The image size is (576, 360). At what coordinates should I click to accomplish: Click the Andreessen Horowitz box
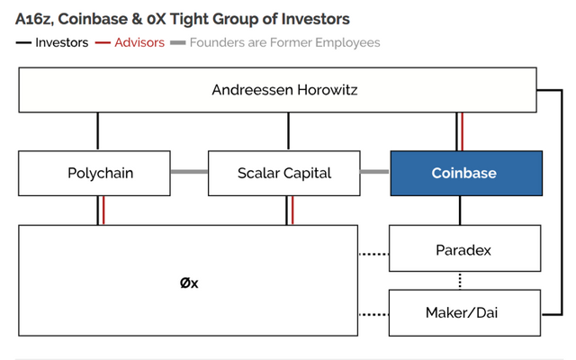coord(278,90)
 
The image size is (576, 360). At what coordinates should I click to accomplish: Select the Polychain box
coord(94,173)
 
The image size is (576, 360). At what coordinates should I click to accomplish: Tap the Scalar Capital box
coord(284,173)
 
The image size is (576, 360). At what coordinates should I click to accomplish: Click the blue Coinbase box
coord(466,173)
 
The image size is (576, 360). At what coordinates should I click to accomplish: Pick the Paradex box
coord(464,248)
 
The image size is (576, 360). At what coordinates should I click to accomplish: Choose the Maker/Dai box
coord(464,312)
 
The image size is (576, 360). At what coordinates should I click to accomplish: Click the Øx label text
coord(189,283)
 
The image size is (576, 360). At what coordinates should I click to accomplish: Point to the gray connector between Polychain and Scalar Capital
coord(189,172)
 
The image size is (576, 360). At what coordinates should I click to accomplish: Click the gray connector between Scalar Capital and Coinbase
coord(375,172)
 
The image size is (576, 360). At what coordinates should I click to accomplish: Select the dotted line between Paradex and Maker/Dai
coord(460,281)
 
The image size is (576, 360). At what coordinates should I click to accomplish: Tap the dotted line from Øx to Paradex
coord(373,254)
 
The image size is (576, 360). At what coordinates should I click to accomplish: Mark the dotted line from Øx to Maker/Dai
coord(373,314)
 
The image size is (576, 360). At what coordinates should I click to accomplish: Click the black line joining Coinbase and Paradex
coord(460,211)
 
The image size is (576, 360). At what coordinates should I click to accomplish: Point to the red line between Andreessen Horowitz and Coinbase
coord(462,131)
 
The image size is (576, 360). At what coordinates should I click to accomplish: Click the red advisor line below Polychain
coord(103,211)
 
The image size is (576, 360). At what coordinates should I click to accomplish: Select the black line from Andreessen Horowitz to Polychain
coord(98,131)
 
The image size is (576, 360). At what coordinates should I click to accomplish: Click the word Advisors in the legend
coord(139,42)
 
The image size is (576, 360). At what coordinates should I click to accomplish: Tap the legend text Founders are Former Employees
coord(284,42)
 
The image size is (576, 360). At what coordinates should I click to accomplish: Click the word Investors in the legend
coord(62,42)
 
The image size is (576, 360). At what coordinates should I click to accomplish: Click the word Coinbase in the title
coord(93,19)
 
